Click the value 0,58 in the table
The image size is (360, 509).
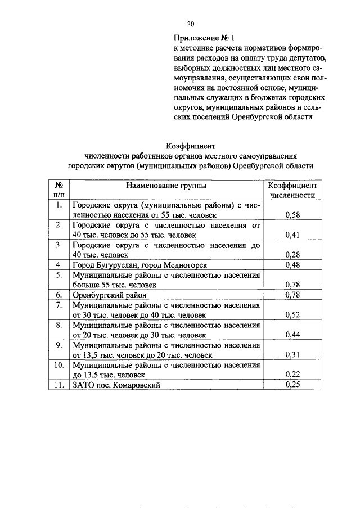[292, 215]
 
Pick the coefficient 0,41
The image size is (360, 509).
[292, 235]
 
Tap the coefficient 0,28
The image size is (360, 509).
[292, 254]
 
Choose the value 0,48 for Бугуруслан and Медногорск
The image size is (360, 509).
[292, 264]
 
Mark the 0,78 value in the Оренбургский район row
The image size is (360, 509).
[292, 294]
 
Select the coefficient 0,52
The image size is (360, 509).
[292, 314]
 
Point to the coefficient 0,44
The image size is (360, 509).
[292, 335]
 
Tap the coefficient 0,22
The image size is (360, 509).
[292, 375]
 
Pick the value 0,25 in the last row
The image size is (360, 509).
[292, 385]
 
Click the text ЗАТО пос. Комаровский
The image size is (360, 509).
[116, 385]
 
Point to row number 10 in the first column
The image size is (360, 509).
[58, 365]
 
